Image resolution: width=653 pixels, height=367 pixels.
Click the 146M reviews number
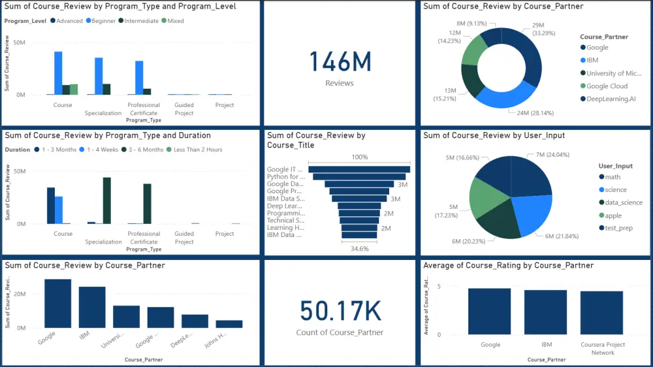340,62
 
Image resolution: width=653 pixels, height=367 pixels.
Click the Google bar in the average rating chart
490,311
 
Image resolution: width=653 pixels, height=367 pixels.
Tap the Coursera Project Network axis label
602,349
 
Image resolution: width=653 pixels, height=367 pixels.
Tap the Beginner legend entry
101,21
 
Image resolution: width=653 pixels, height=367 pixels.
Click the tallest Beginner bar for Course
58,72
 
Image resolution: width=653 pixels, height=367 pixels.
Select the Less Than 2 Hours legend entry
197,150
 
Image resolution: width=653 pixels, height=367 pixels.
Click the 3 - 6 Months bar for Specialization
106,200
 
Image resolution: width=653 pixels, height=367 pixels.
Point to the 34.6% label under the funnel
360,249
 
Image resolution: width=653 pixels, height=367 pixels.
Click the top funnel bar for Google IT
360,169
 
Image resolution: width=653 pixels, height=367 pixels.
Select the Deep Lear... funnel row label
284,206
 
